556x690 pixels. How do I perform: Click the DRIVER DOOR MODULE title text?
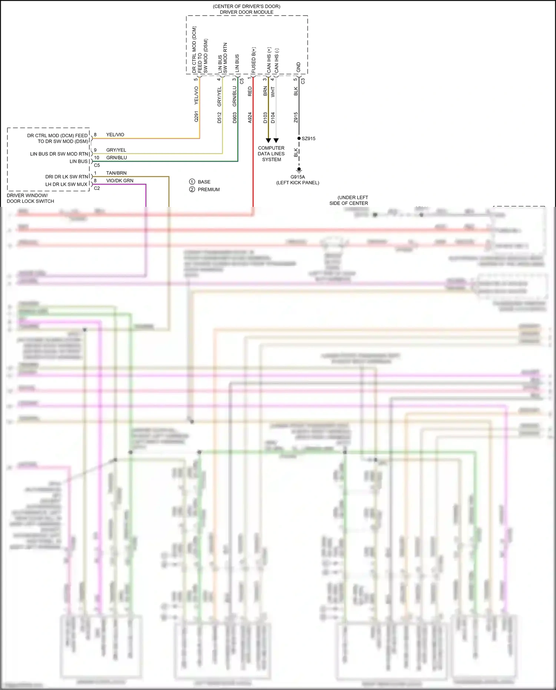(246, 12)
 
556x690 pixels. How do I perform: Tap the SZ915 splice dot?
(299, 138)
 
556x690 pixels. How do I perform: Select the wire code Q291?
(196, 116)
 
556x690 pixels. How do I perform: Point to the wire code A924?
(250, 118)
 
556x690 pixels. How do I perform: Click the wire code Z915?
(296, 118)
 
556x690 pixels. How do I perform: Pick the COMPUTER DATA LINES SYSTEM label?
(271, 153)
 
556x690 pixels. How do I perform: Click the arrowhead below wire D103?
(268, 141)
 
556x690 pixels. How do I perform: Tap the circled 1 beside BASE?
(192, 182)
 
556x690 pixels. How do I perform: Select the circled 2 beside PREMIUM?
(192, 189)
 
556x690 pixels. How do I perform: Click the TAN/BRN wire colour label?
(116, 173)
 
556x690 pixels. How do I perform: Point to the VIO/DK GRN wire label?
(120, 181)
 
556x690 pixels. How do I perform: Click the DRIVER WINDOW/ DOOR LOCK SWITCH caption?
(30, 198)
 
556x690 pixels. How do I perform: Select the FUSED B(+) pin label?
(254, 60)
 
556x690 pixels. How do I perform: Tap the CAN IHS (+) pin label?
(269, 60)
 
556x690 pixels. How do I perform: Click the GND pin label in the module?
(299, 67)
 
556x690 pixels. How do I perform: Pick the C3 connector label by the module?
(303, 80)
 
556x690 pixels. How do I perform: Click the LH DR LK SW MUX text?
(66, 184)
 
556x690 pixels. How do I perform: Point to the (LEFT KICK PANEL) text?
(298, 183)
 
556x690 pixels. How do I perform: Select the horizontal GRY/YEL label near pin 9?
(116, 150)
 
